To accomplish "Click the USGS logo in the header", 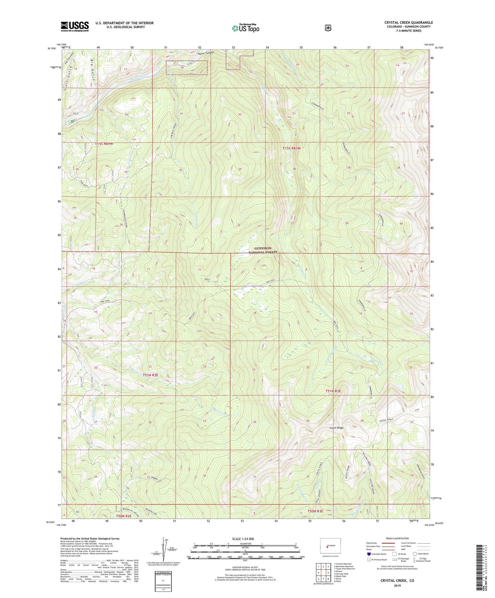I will [75, 26].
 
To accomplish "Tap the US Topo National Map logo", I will [245, 28].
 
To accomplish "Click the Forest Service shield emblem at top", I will [328, 28].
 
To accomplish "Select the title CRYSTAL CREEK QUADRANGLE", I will [408, 23].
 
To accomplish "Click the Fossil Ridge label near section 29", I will [336, 428].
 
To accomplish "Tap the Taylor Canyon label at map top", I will [206, 53].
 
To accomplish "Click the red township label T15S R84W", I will [103, 144].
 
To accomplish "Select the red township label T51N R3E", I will [333, 391].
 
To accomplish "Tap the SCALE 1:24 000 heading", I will [243, 539].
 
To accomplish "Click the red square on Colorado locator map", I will [327, 551].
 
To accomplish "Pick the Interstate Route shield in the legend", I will [369, 554].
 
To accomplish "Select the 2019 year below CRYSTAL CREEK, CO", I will [397, 585].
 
